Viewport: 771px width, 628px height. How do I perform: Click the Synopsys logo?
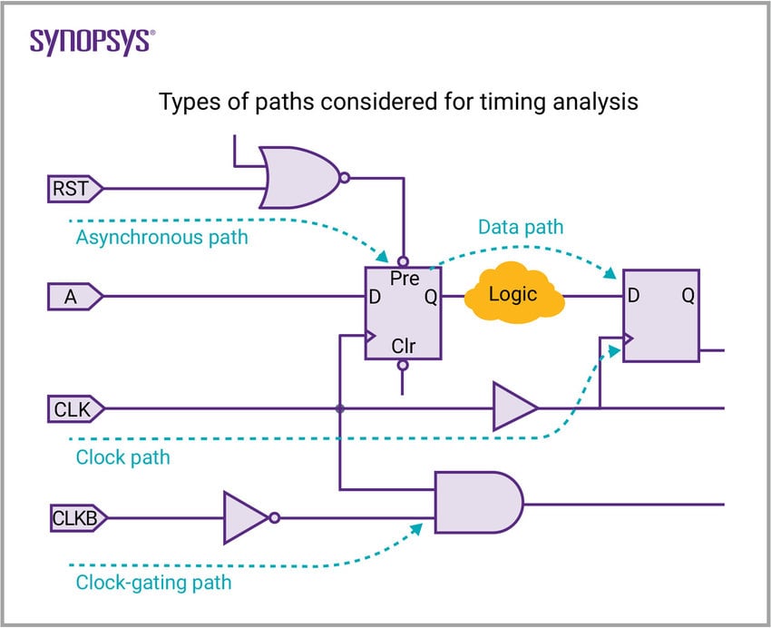(92, 41)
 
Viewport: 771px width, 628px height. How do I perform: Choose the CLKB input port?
(78, 518)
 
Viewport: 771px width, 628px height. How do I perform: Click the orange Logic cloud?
(513, 294)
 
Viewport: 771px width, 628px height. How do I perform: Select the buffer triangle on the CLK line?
(513, 408)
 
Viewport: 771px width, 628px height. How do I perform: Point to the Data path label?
(521, 227)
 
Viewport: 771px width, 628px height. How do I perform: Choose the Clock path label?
(122, 456)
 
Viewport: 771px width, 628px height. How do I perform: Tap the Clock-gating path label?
(153, 582)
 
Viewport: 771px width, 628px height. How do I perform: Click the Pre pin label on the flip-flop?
(404, 280)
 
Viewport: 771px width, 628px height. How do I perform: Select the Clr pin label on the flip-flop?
(404, 346)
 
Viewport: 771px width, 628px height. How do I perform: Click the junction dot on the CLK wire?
(339, 408)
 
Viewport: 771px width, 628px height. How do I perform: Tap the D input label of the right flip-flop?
(632, 296)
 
